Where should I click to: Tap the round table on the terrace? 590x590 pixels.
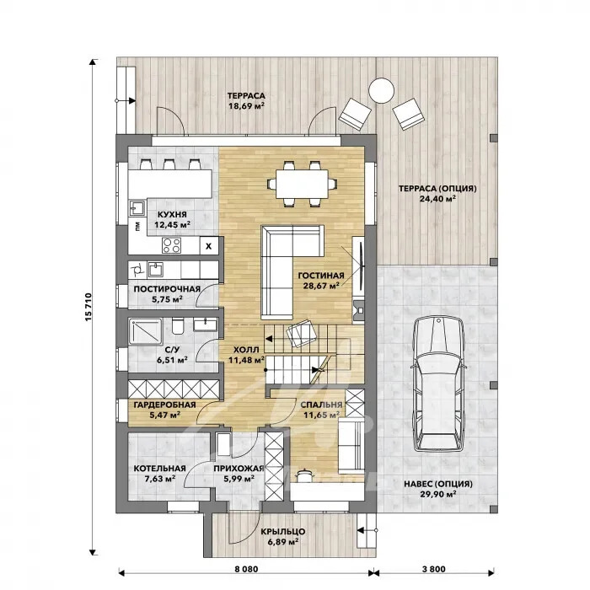tap(381, 90)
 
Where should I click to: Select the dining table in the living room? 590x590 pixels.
tap(302, 184)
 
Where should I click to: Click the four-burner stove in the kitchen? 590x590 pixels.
tap(172, 245)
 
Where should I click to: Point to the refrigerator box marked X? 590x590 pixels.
tap(208, 246)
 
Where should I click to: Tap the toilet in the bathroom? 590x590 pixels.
tap(177, 326)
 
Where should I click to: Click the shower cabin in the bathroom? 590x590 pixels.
tap(146, 331)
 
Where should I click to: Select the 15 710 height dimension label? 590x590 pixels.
tap(88, 307)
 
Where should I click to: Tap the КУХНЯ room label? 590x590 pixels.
tap(172, 214)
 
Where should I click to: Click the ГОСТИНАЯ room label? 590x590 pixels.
tap(321, 276)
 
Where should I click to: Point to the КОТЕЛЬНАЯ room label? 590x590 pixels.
tap(160, 469)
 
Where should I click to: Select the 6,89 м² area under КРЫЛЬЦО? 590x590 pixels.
tap(283, 542)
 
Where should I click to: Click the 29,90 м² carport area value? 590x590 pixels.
tap(438, 494)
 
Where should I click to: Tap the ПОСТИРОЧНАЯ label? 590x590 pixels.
tap(167, 289)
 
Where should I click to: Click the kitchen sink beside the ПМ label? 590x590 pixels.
tap(137, 208)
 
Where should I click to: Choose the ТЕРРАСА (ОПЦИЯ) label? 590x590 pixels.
tap(437, 188)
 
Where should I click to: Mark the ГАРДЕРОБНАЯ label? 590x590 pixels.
tap(165, 405)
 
